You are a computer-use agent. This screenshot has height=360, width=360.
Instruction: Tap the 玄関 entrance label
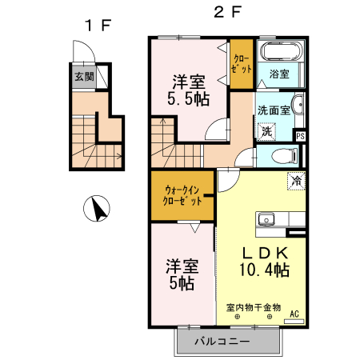tap(84, 77)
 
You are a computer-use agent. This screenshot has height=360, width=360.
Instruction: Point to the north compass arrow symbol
tap(97, 209)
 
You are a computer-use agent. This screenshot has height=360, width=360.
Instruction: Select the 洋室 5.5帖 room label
tap(189, 90)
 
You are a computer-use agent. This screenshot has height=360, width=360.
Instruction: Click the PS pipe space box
tap(300, 136)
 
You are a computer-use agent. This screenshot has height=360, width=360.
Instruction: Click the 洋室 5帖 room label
tap(181, 274)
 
